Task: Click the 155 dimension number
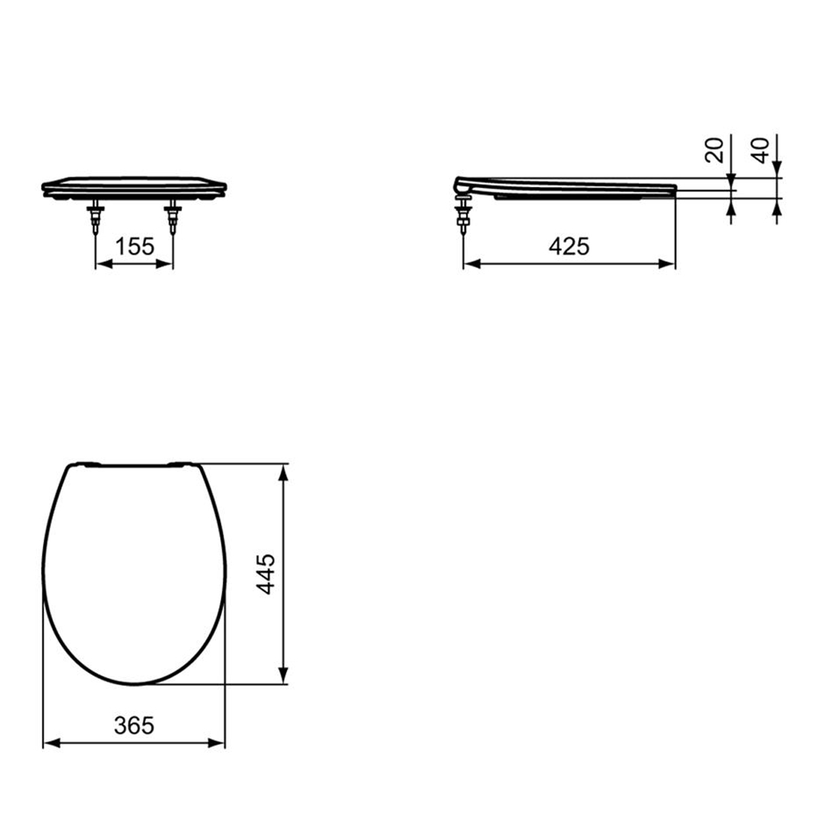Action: point(135,246)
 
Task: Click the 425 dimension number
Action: point(569,246)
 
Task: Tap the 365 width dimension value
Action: point(134,726)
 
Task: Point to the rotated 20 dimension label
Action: point(714,150)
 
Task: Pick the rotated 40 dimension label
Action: point(760,150)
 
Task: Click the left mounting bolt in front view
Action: point(95,217)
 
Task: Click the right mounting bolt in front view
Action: point(173,217)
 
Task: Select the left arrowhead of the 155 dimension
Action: point(104,264)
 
